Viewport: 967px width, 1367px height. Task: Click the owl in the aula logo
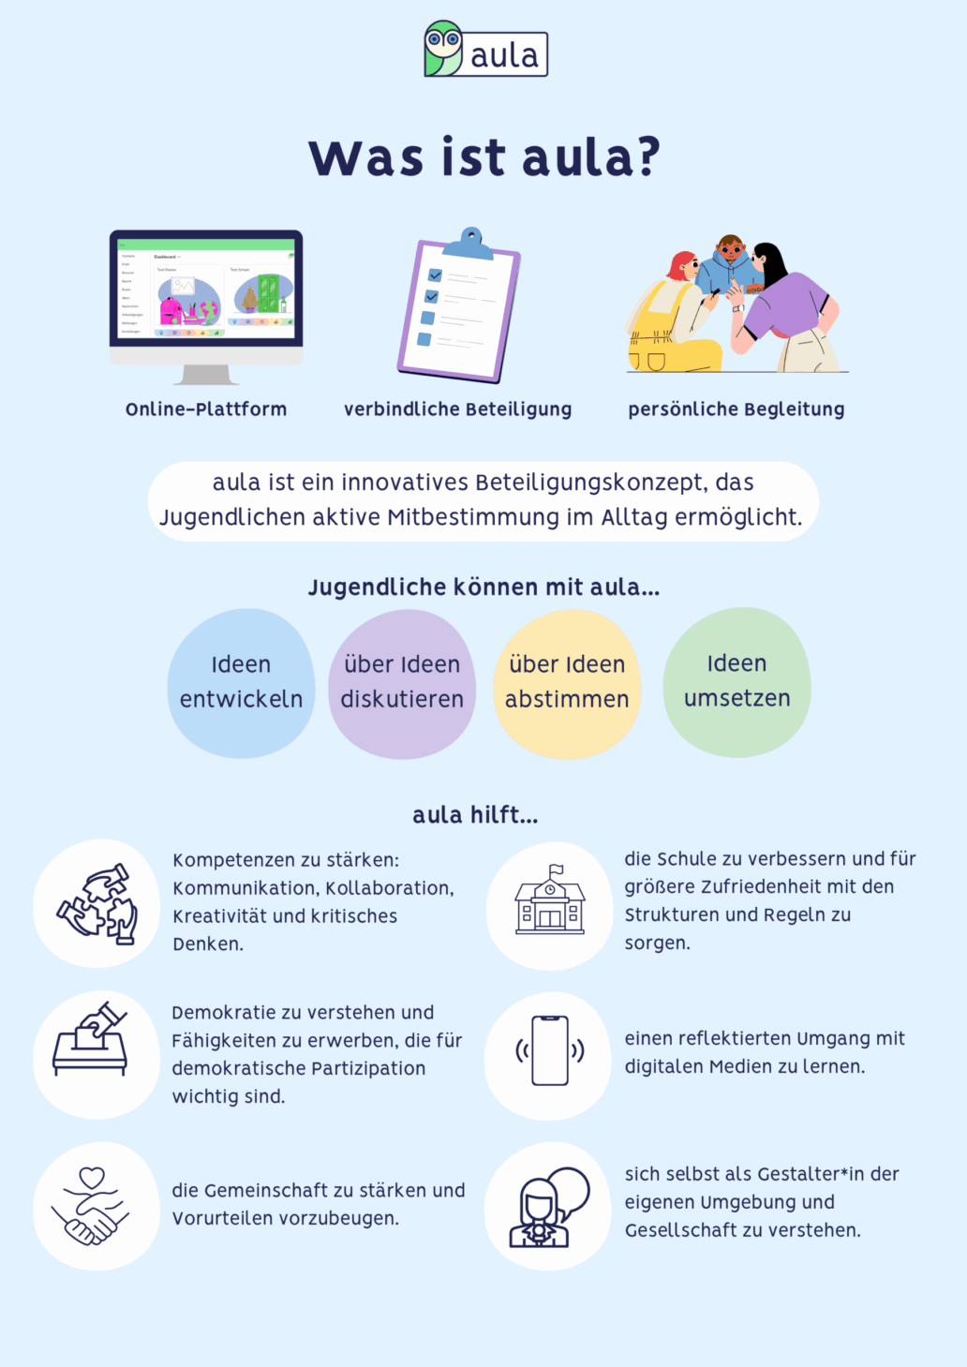443,49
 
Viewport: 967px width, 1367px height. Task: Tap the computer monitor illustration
206,307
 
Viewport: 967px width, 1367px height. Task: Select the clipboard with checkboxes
458,305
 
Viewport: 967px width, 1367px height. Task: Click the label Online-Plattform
206,409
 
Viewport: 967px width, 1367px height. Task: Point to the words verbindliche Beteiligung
458,409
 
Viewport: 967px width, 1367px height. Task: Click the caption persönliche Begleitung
736,409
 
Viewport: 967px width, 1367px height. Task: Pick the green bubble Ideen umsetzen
736,682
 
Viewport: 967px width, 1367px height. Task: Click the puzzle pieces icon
97,903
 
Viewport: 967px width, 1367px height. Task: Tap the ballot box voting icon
90,1039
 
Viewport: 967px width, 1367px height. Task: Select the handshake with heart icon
90,1206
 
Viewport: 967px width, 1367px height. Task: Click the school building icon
550,899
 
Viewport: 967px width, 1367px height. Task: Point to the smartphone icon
550,1051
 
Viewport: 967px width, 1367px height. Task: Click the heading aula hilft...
476,815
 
